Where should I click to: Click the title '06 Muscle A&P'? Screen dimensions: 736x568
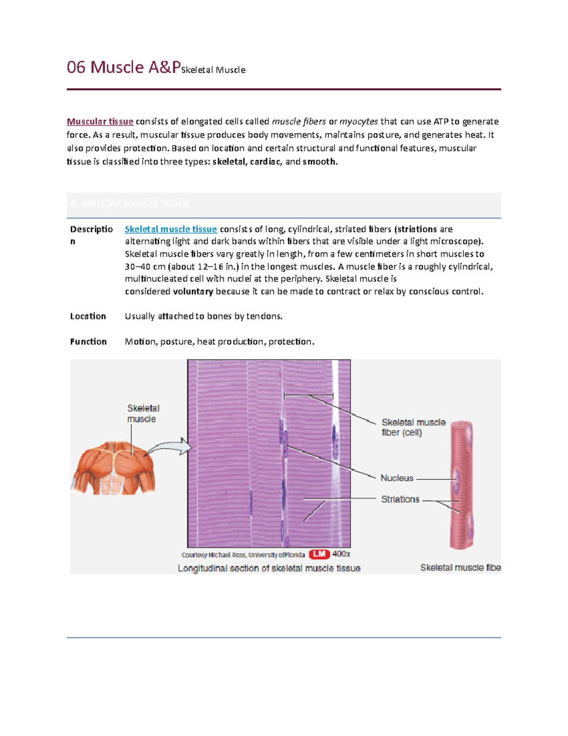[x=123, y=67]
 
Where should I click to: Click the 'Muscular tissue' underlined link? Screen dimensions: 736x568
[x=100, y=122]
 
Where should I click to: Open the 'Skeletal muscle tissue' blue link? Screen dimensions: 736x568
[x=170, y=229]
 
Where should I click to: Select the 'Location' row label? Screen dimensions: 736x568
[x=88, y=316]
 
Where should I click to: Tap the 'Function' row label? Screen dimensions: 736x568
[x=89, y=342]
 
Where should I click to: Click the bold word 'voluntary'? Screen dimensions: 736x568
[x=193, y=291]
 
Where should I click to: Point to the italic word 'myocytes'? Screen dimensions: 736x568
[x=359, y=122]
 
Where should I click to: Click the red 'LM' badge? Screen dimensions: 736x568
[x=319, y=554]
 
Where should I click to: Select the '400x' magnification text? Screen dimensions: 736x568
[x=341, y=554]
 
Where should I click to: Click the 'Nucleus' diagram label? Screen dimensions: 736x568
[x=397, y=478]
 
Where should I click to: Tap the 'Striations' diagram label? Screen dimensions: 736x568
[x=400, y=500]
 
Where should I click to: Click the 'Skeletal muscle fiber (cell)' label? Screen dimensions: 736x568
[x=413, y=427]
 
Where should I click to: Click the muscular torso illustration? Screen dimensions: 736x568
[x=114, y=469]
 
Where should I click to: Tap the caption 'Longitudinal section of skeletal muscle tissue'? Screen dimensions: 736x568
[x=269, y=568]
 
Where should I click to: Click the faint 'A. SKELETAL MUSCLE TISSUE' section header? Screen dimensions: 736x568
[x=130, y=203]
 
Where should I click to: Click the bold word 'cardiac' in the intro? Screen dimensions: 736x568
[x=266, y=162]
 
